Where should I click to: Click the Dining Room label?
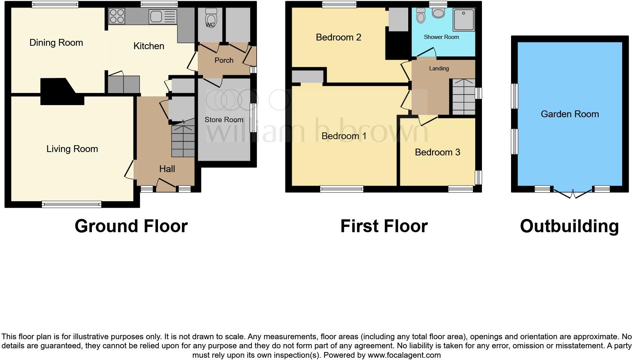pyautogui.click(x=56, y=43)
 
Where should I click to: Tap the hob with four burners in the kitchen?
pyautogui.click(x=117, y=16)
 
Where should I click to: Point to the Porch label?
pyautogui.click(x=224, y=60)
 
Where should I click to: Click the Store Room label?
pyautogui.click(x=224, y=119)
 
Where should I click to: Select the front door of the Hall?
pyautogui.click(x=166, y=186)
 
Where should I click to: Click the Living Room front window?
pyautogui.click(x=71, y=205)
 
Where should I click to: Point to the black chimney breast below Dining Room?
pyautogui.click(x=60, y=92)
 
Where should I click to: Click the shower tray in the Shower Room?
pyautogui.click(x=463, y=19)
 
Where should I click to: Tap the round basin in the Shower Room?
pyautogui.click(x=438, y=14)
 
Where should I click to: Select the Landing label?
pyautogui.click(x=439, y=68)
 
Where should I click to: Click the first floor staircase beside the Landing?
pyautogui.click(x=463, y=97)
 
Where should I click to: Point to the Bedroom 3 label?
pyautogui.click(x=437, y=152)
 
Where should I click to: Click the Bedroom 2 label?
pyautogui.click(x=338, y=37)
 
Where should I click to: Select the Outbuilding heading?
pyautogui.click(x=569, y=226)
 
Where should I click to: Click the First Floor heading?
pyautogui.click(x=384, y=226)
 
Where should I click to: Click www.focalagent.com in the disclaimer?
pyautogui.click(x=404, y=355)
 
